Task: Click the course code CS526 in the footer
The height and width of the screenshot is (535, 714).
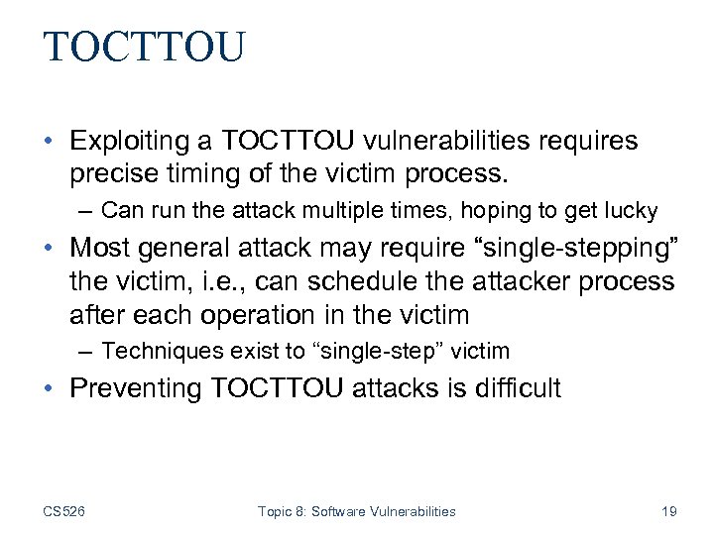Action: pyautogui.click(x=63, y=511)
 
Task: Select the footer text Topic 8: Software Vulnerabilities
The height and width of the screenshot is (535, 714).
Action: pyautogui.click(x=356, y=511)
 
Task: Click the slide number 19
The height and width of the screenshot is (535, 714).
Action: pyautogui.click(x=668, y=511)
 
